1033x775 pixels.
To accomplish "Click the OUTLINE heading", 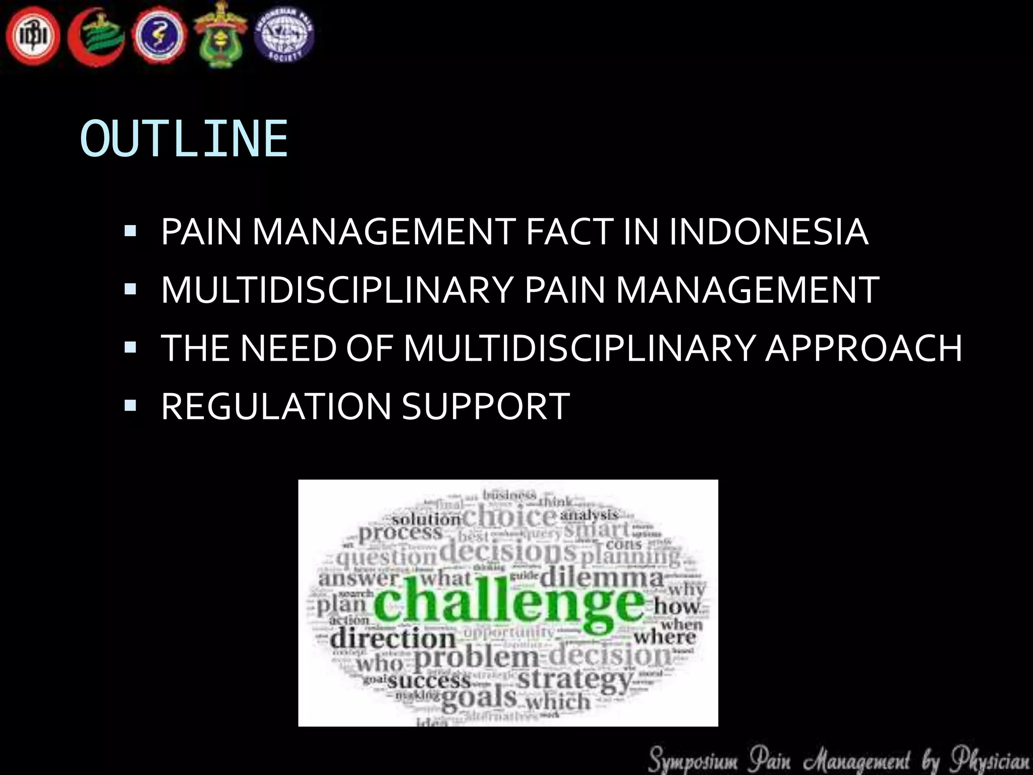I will [x=184, y=139].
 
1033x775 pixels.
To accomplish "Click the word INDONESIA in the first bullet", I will [x=768, y=232].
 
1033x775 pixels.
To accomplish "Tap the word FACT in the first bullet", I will [x=569, y=232].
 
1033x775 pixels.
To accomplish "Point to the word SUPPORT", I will [x=486, y=406].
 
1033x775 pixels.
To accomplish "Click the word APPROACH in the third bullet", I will [x=864, y=348].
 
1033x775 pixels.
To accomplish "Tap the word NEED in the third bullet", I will [x=288, y=348].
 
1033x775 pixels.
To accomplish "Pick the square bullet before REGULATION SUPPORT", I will [x=130, y=405].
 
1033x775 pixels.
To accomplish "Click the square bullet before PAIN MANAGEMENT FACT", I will [x=130, y=232].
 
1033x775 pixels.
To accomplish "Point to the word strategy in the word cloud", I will [x=575, y=680].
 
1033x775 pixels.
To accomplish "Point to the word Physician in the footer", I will [x=991, y=760].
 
